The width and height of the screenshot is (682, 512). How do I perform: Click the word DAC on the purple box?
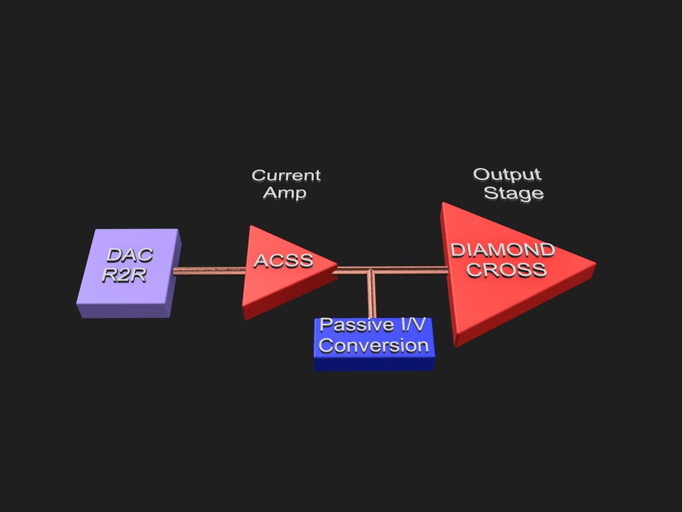pos(130,255)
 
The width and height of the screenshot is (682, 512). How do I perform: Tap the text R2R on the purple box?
pos(124,275)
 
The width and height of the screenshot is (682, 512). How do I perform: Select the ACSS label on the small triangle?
pos(284,261)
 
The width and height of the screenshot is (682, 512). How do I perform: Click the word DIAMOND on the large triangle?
pos(503,251)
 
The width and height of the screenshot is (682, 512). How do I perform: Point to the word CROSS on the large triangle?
pos(506,270)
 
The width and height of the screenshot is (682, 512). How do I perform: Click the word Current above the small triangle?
pos(286,175)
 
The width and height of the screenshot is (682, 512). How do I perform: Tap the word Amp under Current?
pos(284,193)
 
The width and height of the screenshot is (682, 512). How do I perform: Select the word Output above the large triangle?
pos(507,175)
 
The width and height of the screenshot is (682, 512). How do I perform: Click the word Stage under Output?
pos(513,193)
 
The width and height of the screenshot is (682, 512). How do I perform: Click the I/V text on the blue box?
pos(409,325)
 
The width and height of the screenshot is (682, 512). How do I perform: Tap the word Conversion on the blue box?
pos(374,346)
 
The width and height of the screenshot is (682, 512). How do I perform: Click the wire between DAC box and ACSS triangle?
pos(210,271)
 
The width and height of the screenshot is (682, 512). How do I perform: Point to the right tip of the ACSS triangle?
pos(336,265)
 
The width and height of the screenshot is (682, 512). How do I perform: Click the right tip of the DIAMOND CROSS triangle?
pos(594,264)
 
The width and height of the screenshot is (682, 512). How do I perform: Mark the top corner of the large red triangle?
pos(443,205)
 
